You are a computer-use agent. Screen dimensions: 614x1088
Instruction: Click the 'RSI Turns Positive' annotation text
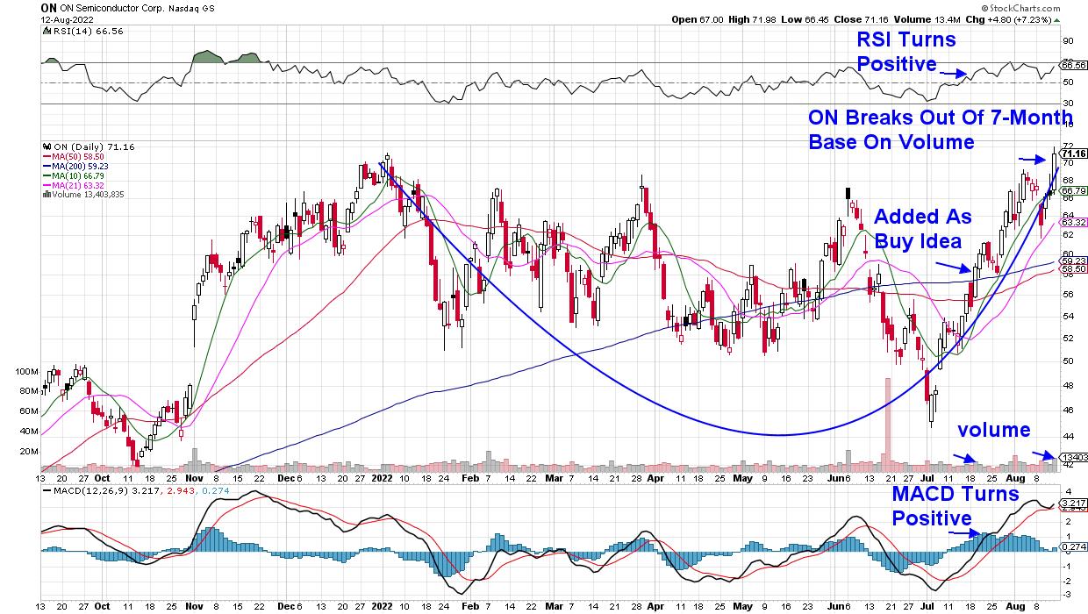click(905, 51)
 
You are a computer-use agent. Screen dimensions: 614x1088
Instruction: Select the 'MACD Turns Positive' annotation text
click(955, 505)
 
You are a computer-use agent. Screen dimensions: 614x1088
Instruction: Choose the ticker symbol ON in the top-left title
click(48, 6)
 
